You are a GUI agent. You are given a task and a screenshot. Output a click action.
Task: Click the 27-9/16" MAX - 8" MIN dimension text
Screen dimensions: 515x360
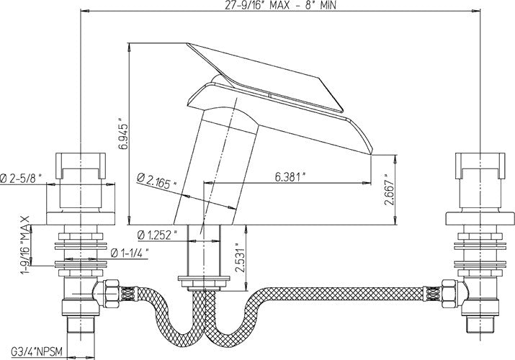coord(280,5)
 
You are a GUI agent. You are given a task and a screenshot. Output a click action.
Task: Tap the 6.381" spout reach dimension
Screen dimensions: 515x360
coord(288,177)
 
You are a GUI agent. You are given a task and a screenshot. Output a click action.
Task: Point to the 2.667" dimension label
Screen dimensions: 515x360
coord(389,193)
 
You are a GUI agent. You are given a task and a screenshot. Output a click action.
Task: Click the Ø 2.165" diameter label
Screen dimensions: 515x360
coord(156,181)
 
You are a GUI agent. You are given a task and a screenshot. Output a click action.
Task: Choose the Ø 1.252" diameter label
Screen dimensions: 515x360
coord(158,235)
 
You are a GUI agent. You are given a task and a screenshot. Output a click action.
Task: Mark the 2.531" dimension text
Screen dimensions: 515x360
coord(240,258)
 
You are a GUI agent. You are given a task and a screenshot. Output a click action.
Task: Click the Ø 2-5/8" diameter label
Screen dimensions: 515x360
coord(21,178)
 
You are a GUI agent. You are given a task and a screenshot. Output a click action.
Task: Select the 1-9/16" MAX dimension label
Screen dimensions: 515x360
coord(25,245)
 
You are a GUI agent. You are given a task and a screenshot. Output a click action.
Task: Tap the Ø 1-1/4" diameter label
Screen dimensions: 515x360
coord(130,253)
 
